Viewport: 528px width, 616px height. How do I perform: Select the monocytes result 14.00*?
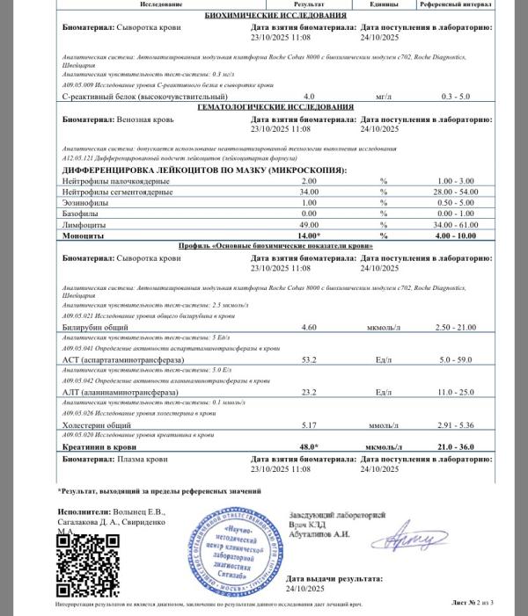coord(308,236)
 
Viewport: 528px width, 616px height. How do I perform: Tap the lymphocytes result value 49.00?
coord(308,225)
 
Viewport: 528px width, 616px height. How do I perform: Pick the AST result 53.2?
coord(309,359)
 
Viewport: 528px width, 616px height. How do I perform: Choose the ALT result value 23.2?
coord(309,391)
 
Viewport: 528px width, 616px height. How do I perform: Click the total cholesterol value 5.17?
coord(309,424)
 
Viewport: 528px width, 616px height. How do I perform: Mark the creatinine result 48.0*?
coord(308,446)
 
